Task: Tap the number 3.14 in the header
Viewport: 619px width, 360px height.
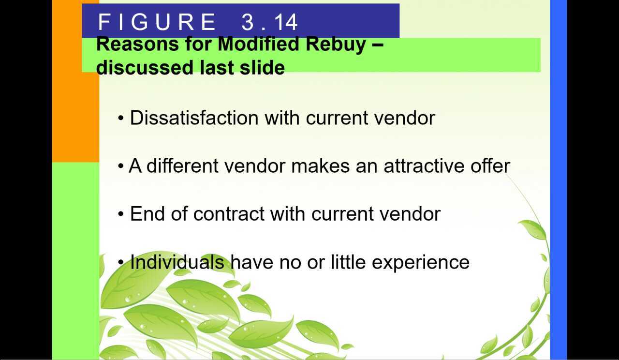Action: point(269,22)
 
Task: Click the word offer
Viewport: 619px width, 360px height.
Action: point(490,166)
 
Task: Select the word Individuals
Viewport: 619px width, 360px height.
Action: point(177,262)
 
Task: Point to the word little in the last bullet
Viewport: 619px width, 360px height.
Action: point(348,262)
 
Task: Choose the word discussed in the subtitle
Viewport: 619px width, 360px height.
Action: point(145,67)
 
